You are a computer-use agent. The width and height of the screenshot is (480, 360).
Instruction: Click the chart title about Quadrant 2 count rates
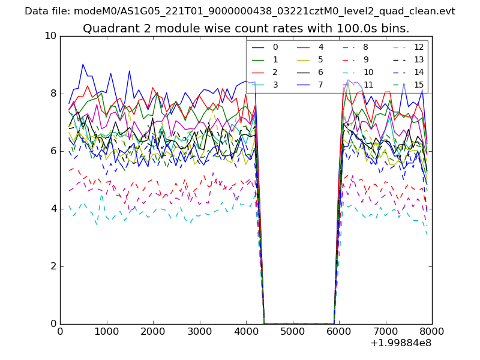pyautogui.click(x=246, y=28)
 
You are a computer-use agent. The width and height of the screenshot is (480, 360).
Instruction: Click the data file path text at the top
pyautogui.click(x=240, y=11)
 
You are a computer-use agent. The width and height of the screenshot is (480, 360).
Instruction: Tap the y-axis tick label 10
pyautogui.click(x=50, y=36)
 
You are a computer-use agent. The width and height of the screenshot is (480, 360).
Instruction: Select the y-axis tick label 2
pyautogui.click(x=53, y=266)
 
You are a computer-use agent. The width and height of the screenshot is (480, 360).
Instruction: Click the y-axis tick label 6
pyautogui.click(x=53, y=151)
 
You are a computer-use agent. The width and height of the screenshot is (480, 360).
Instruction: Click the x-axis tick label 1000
pyautogui.click(x=106, y=331)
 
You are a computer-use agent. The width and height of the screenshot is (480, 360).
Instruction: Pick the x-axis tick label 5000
pyautogui.click(x=292, y=331)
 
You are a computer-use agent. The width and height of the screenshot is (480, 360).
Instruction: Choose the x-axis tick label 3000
pyautogui.click(x=199, y=331)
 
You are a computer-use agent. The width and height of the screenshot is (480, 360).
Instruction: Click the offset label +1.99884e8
pyautogui.click(x=401, y=343)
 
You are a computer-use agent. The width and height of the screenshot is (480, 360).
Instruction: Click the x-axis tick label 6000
pyautogui.click(x=339, y=331)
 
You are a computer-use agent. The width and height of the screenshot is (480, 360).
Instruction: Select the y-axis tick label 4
pyautogui.click(x=53, y=209)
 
